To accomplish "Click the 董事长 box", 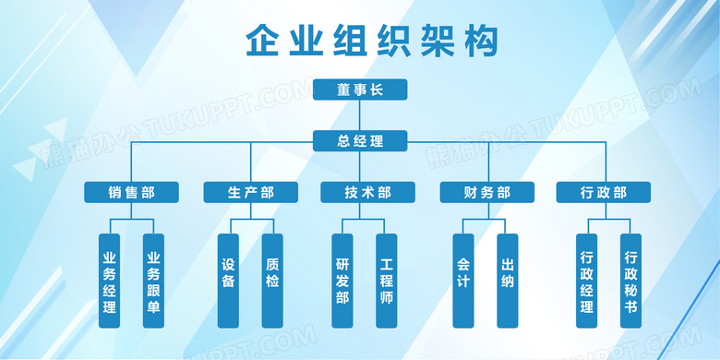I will [360, 90].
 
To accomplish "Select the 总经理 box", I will [360, 141].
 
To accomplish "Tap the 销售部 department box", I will [131, 192].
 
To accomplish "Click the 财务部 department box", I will [486, 192].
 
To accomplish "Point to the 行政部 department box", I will [604, 192].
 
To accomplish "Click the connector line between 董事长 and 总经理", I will [360, 115].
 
